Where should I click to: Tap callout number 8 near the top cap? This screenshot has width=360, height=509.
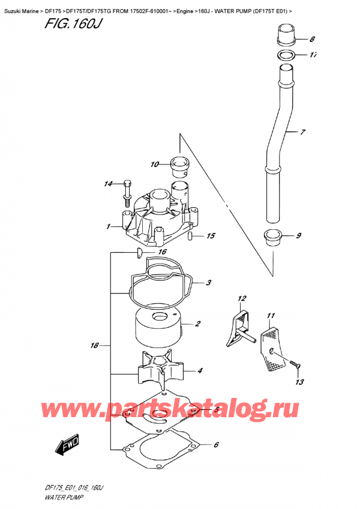[311, 40]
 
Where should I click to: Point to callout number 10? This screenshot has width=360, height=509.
[154, 164]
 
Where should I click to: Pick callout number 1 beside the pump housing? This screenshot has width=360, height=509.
[108, 227]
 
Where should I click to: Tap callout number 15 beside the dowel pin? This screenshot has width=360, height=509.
[211, 236]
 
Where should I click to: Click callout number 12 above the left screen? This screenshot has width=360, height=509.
[242, 298]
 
